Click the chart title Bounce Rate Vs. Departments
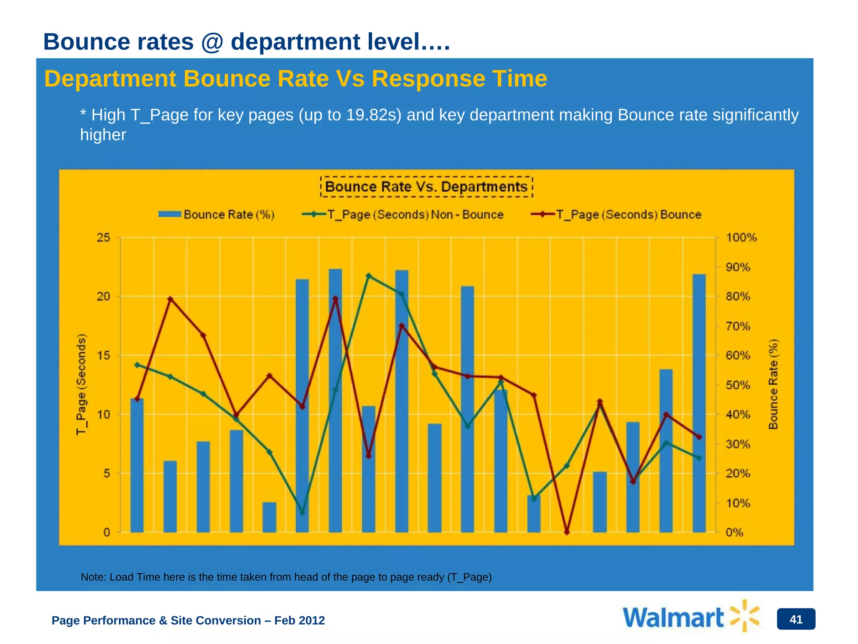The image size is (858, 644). [x=426, y=187]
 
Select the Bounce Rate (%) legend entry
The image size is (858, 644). [x=217, y=215]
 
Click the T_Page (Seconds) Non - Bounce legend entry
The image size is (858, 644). [x=403, y=215]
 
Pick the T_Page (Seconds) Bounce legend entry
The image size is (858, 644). [x=616, y=215]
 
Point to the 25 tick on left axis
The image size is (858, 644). [x=103, y=238]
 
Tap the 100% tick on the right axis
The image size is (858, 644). [x=741, y=238]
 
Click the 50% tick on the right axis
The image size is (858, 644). [x=738, y=385]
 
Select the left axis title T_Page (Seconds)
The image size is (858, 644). [x=81, y=384]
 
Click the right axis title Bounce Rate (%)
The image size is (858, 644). [x=773, y=384]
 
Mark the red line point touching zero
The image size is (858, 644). [x=567, y=532]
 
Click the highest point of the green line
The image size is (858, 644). [x=369, y=276]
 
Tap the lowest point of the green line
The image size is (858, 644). [x=302, y=512]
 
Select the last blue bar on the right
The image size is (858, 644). [x=699, y=402]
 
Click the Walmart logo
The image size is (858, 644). [x=691, y=617]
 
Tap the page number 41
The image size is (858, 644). [x=796, y=619]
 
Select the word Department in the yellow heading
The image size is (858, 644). [x=110, y=79]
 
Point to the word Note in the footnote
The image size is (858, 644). [x=93, y=577]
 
